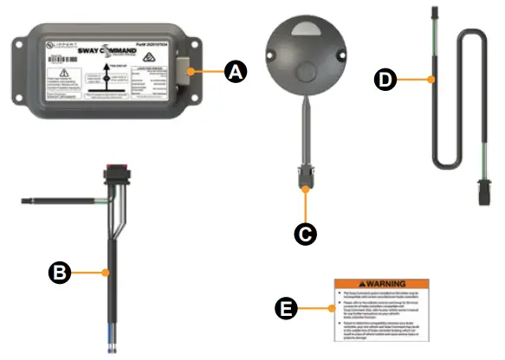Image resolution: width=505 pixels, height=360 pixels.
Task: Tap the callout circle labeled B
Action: click(x=58, y=272)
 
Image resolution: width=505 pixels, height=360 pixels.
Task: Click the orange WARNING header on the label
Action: click(x=380, y=284)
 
